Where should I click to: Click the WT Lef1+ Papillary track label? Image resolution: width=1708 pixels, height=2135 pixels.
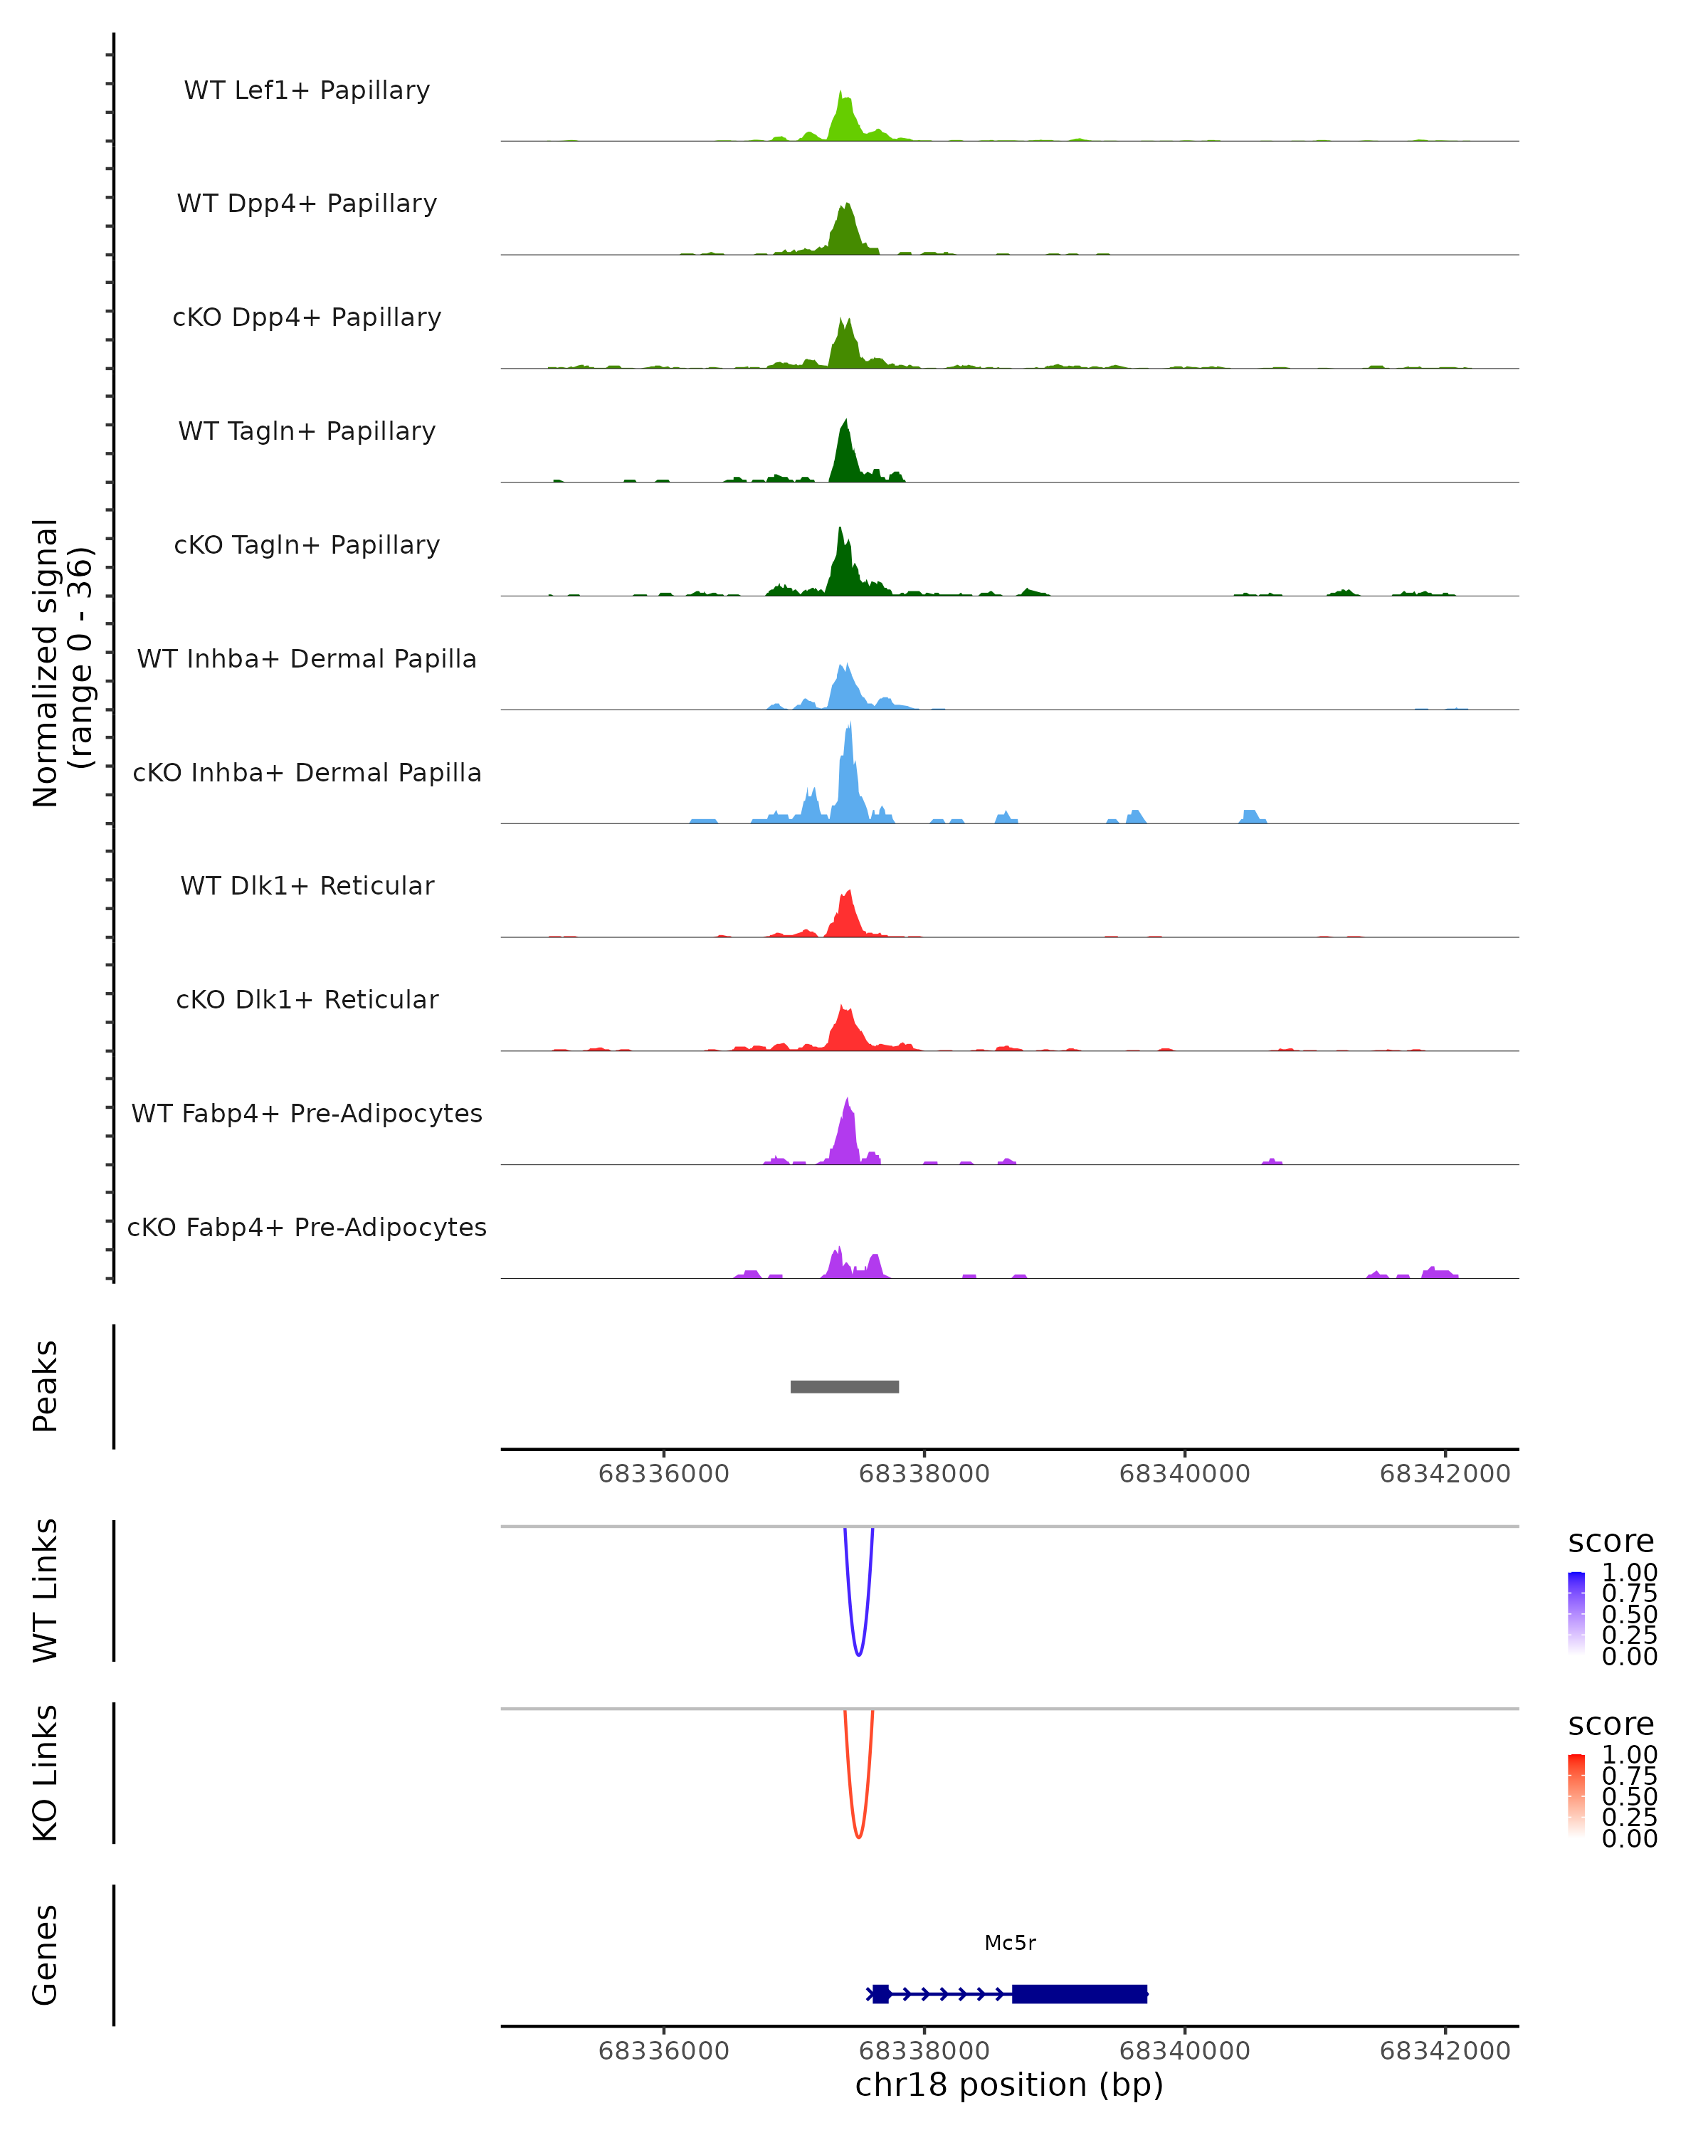click(307, 90)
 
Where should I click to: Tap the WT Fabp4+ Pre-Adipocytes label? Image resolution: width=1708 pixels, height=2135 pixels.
click(307, 1113)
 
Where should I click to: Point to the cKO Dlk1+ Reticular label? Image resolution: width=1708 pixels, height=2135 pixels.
click(307, 999)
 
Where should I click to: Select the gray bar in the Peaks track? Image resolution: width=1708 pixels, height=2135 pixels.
click(845, 1386)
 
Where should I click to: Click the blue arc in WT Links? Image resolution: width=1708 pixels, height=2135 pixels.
click(858, 1655)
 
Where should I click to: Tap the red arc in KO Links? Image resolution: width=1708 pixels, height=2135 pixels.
click(858, 1837)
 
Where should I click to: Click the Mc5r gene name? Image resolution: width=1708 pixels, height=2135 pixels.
click(1010, 1943)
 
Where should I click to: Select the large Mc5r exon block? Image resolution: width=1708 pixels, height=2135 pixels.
click(1080, 1993)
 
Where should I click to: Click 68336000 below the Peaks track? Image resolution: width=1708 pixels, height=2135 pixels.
click(663, 1474)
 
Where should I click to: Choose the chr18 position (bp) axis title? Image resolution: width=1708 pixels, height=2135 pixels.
click(1009, 2084)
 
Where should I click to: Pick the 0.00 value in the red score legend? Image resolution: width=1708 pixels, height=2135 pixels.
click(1630, 1838)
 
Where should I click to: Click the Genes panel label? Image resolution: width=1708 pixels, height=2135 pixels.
click(46, 1955)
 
